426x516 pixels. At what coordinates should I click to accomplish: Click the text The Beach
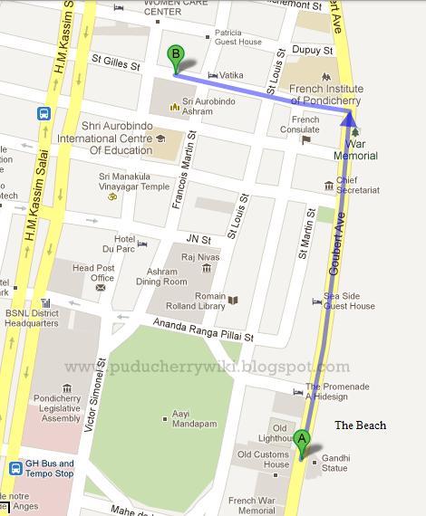click(360, 425)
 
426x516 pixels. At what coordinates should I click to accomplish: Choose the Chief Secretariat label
click(359, 186)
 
